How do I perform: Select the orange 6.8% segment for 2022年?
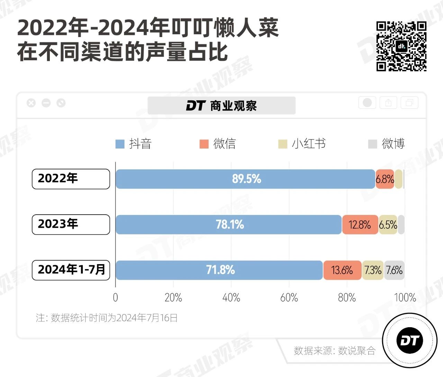coord(385,179)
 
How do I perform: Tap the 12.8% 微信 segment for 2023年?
coord(360,225)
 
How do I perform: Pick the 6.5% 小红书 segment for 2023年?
coord(388,225)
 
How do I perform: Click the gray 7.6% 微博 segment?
coord(394,270)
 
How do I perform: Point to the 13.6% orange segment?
coord(342,270)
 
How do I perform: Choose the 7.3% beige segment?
coord(373,270)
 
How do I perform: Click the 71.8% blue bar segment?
coord(219,270)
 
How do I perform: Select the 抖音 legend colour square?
coord(120,144)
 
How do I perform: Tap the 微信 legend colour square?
coord(204,144)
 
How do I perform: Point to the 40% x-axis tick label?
coord(231,298)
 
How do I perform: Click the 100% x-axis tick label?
coord(405,298)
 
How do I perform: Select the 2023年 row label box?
coord(71,224)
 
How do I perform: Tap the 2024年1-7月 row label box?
coord(71,270)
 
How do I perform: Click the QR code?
coord(401,46)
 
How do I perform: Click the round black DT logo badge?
coord(410,341)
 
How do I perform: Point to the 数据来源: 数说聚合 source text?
coord(334,351)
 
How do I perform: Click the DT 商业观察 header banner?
coord(221,106)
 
